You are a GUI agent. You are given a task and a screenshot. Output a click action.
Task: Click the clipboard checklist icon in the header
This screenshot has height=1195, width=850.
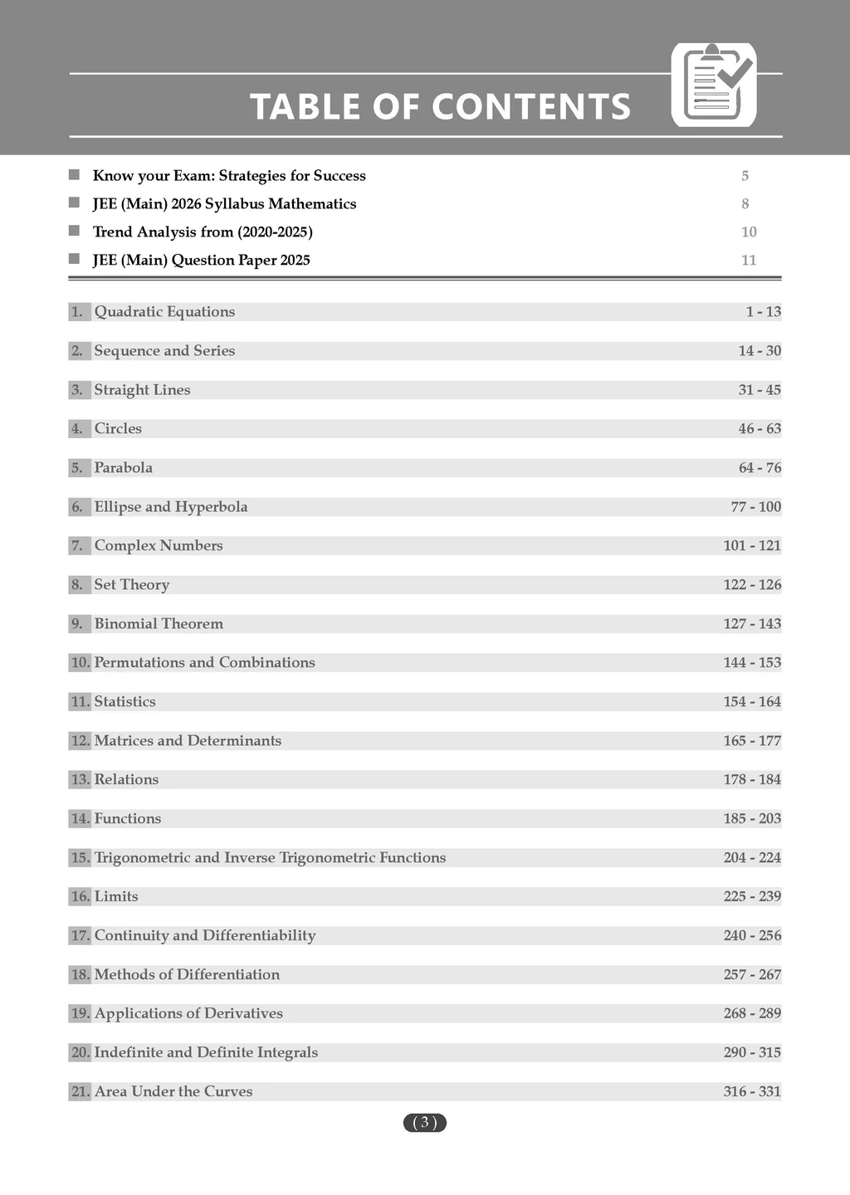click(x=714, y=85)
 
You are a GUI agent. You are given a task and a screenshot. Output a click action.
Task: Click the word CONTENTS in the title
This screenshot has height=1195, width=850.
click(x=531, y=107)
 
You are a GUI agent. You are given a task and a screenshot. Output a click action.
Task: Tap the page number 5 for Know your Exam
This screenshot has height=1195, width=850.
click(x=745, y=176)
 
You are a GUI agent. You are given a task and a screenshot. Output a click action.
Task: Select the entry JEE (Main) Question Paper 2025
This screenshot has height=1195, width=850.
click(x=202, y=261)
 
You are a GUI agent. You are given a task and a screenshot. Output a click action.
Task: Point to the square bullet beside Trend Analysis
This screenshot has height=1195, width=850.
click(x=74, y=231)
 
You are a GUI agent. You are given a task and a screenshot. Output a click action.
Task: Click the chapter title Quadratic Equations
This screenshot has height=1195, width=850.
click(x=164, y=312)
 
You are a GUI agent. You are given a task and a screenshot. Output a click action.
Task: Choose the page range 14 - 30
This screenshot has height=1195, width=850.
click(x=760, y=351)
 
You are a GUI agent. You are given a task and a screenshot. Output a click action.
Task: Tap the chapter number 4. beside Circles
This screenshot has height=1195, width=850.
click(x=77, y=429)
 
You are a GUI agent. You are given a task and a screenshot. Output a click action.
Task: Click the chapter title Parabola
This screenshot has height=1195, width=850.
click(x=124, y=468)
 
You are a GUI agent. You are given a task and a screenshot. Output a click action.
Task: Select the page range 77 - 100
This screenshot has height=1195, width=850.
click(x=755, y=507)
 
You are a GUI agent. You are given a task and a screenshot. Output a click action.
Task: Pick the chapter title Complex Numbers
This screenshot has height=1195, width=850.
click(x=159, y=546)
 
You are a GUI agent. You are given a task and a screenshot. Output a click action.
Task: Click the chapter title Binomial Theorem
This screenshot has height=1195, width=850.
click(x=159, y=624)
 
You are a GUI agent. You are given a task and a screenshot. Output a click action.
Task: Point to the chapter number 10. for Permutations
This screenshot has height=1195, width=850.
click(x=80, y=663)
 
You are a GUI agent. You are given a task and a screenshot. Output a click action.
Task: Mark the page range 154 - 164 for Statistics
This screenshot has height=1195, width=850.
click(x=752, y=702)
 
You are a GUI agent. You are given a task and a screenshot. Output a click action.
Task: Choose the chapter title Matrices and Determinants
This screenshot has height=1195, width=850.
click(x=188, y=741)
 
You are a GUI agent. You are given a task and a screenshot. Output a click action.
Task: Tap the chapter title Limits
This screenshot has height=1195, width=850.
click(x=116, y=897)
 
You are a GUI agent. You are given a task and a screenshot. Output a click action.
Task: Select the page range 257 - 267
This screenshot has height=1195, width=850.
click(x=752, y=975)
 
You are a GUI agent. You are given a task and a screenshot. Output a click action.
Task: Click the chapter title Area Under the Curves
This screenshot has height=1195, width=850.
click(x=173, y=1092)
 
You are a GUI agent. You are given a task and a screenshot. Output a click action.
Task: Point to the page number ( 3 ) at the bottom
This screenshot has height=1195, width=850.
click(x=425, y=1123)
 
